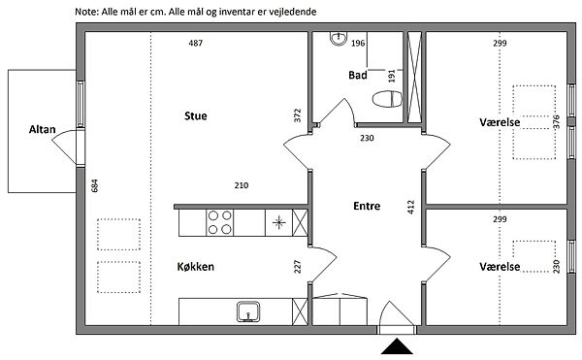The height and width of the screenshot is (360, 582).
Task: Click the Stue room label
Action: tap(196, 115)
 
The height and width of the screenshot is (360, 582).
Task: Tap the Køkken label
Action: tap(196, 267)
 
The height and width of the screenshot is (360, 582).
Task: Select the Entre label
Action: tap(367, 206)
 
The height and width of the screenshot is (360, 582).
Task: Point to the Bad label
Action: tap(357, 75)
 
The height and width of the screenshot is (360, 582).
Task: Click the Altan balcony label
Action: tap(43, 129)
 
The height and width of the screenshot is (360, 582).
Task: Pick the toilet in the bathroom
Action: tap(387, 99)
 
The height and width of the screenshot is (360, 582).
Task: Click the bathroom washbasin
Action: tap(339, 39)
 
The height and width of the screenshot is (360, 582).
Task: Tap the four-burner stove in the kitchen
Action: tap(220, 222)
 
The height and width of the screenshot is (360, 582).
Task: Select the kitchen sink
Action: tap(248, 311)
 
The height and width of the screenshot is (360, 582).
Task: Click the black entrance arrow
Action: tap(397, 346)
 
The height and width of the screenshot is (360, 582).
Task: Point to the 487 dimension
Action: tap(196, 43)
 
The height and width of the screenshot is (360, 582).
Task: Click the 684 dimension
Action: tap(95, 185)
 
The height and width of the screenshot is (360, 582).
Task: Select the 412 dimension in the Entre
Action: tap(410, 207)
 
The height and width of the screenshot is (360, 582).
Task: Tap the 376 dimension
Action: tap(556, 121)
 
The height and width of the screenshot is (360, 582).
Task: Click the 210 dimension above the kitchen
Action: tap(242, 185)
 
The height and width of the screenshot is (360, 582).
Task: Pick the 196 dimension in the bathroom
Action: tap(358, 44)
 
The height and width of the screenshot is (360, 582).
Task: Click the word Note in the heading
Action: tap(86, 12)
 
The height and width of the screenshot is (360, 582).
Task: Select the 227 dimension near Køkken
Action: tap(298, 267)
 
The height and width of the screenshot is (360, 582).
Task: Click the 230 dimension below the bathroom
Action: tap(367, 138)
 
